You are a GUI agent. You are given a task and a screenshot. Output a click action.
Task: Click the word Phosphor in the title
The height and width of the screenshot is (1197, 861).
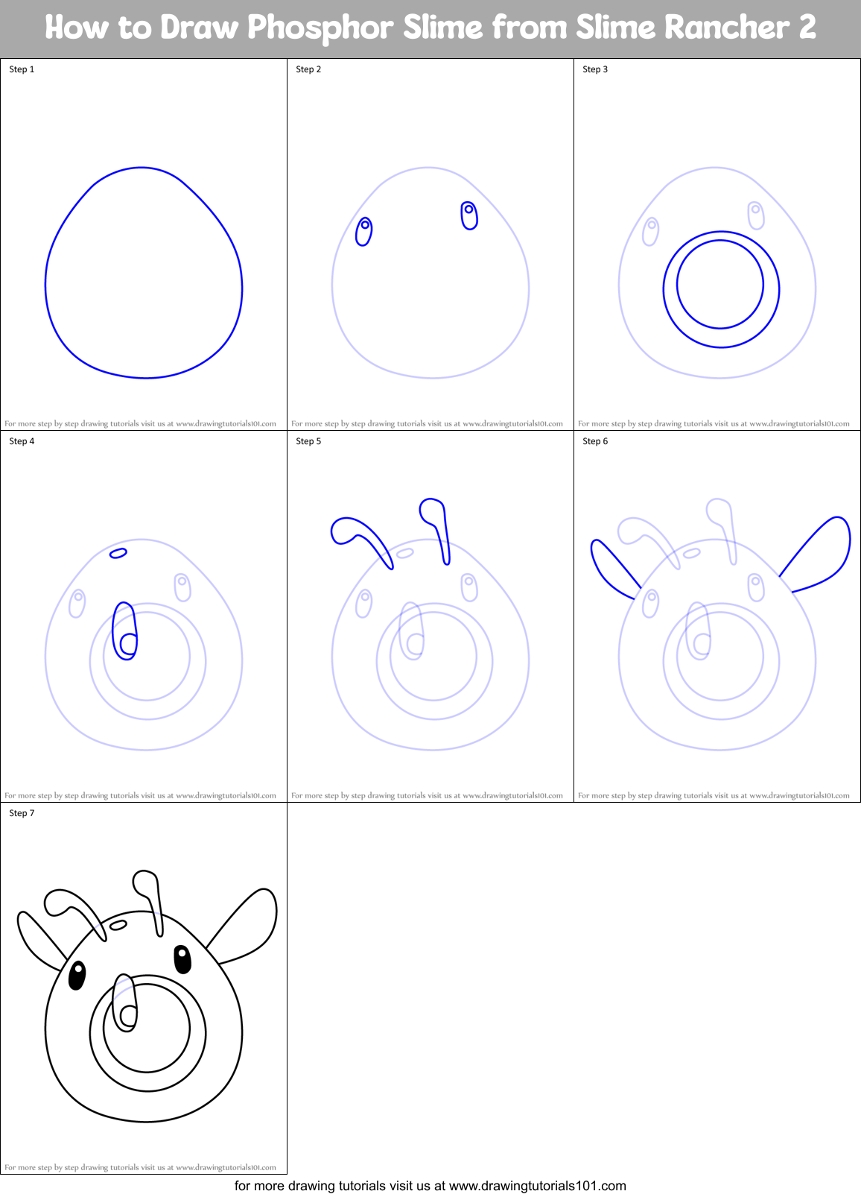(x=320, y=28)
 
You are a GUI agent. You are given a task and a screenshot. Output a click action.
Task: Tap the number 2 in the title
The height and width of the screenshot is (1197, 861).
(x=807, y=28)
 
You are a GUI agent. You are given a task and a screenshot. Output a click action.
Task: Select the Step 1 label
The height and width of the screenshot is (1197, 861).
(x=22, y=69)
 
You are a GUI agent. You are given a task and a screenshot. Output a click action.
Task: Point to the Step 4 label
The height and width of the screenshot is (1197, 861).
(x=22, y=441)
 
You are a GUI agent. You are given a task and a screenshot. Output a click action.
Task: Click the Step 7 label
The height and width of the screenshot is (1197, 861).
(x=22, y=813)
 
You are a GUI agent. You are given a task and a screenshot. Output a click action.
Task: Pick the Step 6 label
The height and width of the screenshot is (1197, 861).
(x=595, y=441)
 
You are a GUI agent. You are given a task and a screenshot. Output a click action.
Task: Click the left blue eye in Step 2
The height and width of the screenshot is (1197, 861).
(x=363, y=232)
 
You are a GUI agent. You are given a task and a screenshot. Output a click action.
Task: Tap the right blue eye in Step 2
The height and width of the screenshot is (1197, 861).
(x=469, y=215)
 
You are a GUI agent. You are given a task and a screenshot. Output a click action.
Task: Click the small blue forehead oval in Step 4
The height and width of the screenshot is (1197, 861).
(x=118, y=553)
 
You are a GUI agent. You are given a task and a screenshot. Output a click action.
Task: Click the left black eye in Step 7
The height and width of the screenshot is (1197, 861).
(x=77, y=976)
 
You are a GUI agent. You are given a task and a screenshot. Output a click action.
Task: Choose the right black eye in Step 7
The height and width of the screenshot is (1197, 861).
(x=182, y=959)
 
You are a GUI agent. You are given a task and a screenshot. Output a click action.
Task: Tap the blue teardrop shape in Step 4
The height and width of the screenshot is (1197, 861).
(x=124, y=631)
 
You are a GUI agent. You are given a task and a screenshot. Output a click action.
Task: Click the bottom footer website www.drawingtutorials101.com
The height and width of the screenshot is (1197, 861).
(x=537, y=1186)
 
